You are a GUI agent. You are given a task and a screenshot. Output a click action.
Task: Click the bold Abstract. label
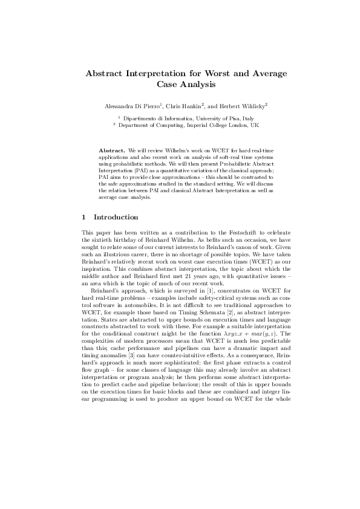(x=112, y=149)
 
